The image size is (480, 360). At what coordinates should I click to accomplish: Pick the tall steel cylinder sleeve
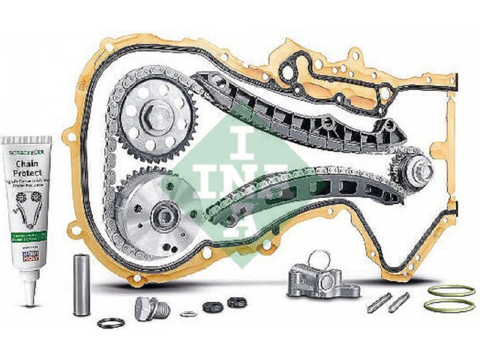tap(82, 284)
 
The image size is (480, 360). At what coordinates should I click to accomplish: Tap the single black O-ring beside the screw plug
tap(110, 323)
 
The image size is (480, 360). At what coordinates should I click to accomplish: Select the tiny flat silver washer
tap(187, 313)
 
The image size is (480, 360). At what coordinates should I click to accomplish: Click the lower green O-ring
tap(449, 306)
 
